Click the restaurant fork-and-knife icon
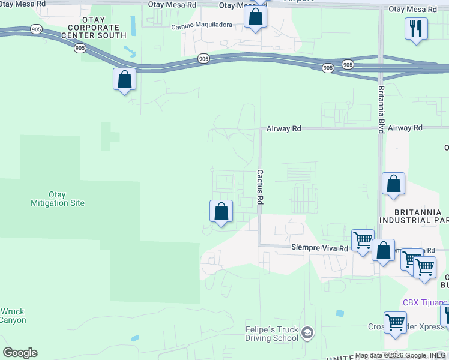point(416,28)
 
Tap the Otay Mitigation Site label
point(58,199)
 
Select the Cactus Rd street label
point(261,187)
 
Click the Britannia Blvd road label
point(381,104)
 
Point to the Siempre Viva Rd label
point(319,247)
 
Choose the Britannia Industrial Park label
point(421,216)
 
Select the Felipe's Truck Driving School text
point(271,334)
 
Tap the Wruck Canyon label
point(13,316)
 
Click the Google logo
point(19,353)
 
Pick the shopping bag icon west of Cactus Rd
point(221,211)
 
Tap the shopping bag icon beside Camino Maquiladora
point(255,17)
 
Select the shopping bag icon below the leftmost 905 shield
point(124,79)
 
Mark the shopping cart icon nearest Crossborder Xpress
point(395,322)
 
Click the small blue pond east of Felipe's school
point(340,313)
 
